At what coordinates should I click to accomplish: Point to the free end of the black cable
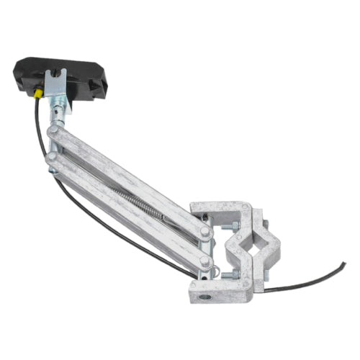343,264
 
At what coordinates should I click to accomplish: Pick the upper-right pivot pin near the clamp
206,232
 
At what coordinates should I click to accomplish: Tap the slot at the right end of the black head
102,87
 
